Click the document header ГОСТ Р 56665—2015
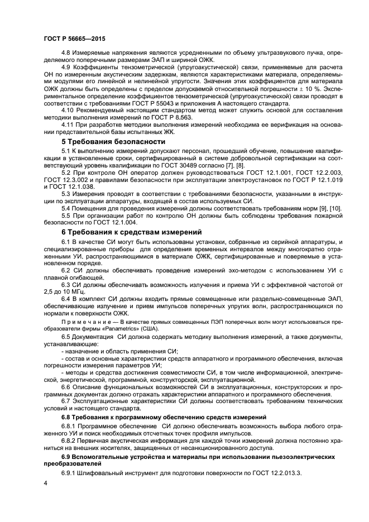74,39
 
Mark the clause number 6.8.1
71,426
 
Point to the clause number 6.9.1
71,472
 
